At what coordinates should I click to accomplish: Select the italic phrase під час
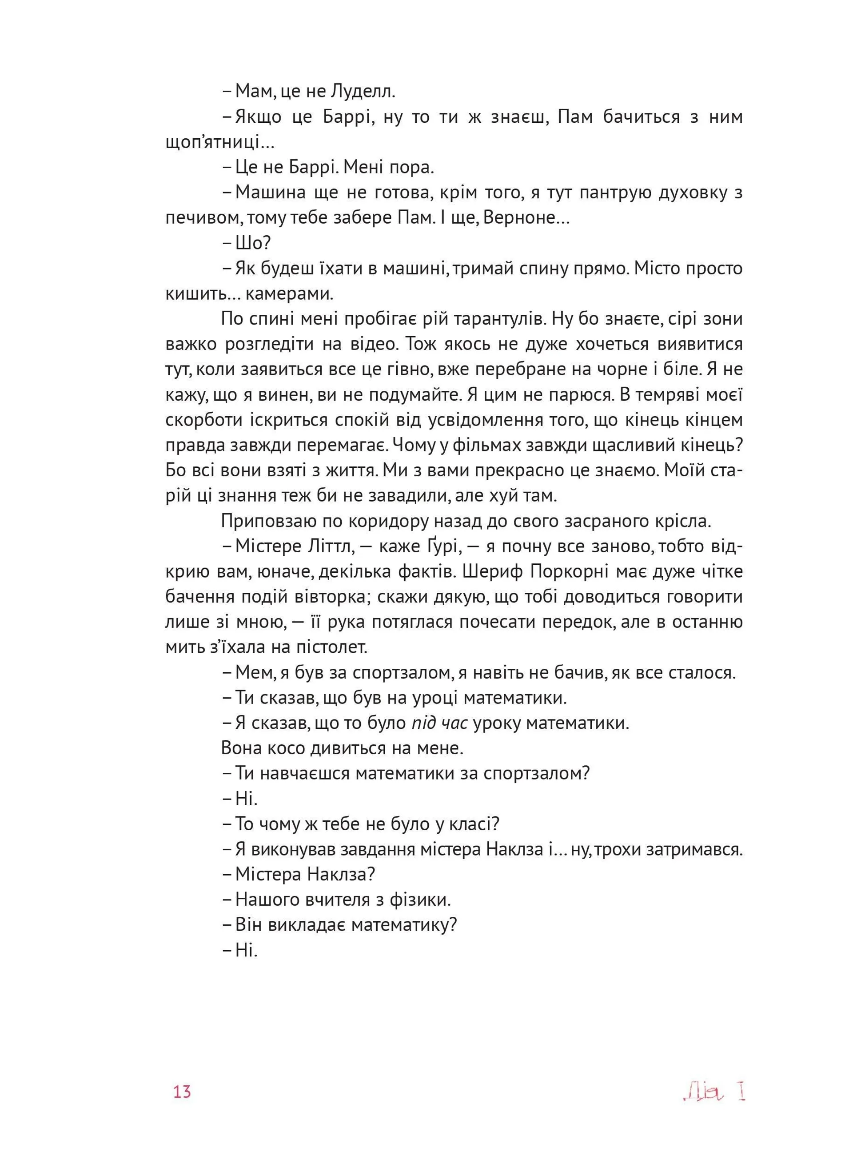[x=439, y=723]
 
